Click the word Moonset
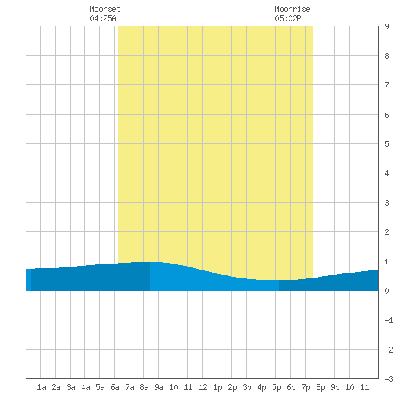105,9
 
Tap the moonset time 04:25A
103,18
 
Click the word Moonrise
292,9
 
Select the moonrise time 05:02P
288,18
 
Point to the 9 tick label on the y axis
386,26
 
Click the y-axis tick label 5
386,144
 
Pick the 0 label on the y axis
386,291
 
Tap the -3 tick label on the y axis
389,379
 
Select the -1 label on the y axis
389,320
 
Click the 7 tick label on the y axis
386,85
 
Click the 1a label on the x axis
41,387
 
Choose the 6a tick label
115,387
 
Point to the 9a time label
159,387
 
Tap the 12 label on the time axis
203,387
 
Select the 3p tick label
247,387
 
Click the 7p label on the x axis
306,387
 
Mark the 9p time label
335,387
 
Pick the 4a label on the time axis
85,387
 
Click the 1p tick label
217,387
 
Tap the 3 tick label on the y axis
386,203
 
